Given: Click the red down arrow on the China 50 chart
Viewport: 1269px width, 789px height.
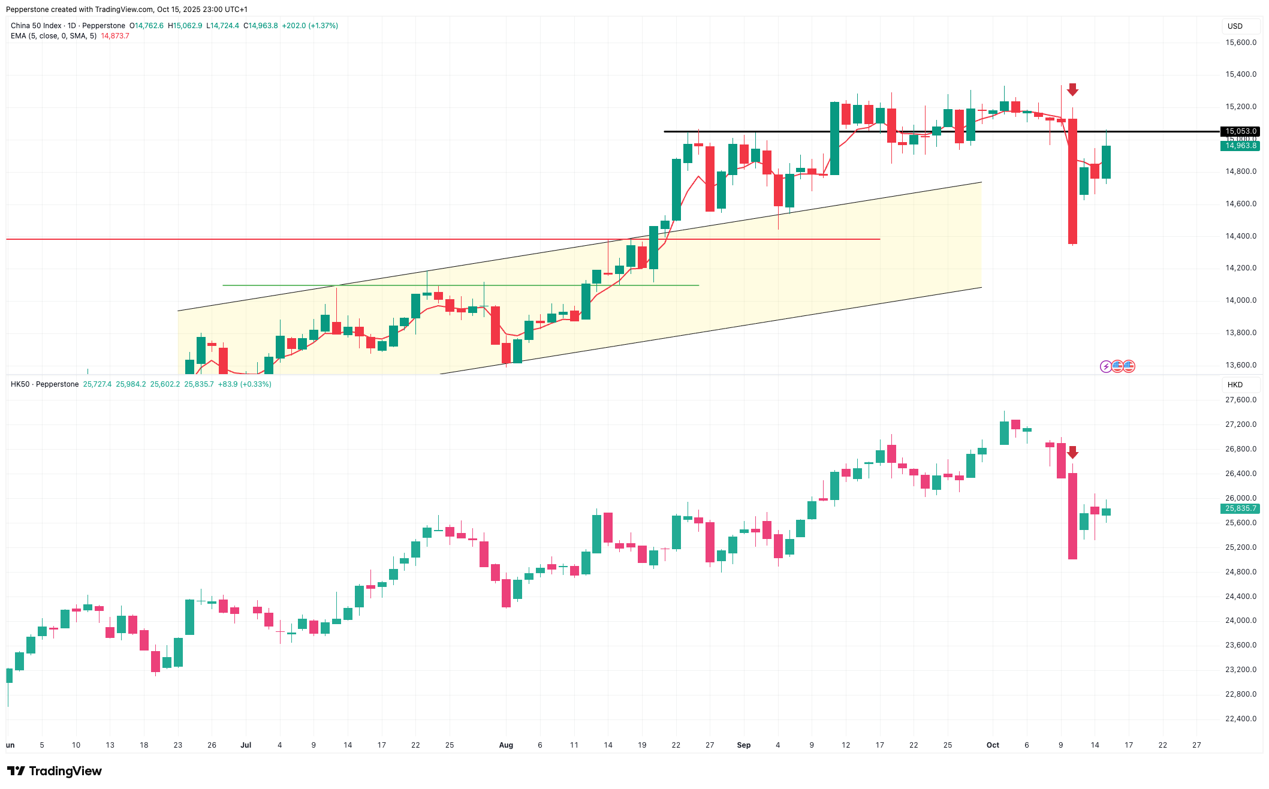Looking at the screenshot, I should pyautogui.click(x=1072, y=90).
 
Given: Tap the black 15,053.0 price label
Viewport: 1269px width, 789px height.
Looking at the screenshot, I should pyautogui.click(x=1240, y=131).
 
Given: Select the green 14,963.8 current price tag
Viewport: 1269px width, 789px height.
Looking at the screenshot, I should pyautogui.click(x=1240, y=146).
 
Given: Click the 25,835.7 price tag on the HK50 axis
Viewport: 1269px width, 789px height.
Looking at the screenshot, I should pyautogui.click(x=1240, y=508).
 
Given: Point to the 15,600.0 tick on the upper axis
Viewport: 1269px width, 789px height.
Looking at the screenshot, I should pyautogui.click(x=1241, y=43).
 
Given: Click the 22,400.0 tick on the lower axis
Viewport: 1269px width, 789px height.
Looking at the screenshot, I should pyautogui.click(x=1241, y=719).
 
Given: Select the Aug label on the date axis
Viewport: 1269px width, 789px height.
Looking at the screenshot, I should pyautogui.click(x=506, y=745).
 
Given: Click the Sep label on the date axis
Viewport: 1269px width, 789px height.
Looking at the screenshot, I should pyautogui.click(x=743, y=745).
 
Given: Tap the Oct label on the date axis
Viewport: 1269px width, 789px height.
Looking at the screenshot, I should pyautogui.click(x=993, y=745).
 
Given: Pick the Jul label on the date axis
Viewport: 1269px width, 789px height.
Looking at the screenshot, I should pyautogui.click(x=246, y=745).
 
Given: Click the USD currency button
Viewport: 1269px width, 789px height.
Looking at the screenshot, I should pyautogui.click(x=1235, y=26).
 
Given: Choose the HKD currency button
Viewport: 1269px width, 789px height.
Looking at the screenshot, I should pyautogui.click(x=1235, y=385).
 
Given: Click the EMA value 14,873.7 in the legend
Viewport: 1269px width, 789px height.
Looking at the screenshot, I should pyautogui.click(x=115, y=36).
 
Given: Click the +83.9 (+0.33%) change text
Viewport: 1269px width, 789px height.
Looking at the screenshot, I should pyautogui.click(x=245, y=384).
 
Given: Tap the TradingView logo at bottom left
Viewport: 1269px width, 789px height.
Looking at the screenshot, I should pyautogui.click(x=55, y=771).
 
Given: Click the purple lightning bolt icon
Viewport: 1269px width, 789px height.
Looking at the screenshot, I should pyautogui.click(x=1106, y=366).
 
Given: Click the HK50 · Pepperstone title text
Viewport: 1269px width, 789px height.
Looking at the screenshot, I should pyautogui.click(x=44, y=384).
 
